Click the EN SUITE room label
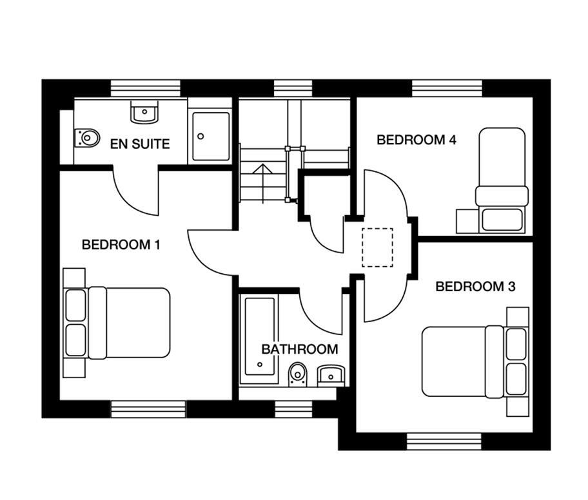[x=140, y=144]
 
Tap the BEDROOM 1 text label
[x=121, y=245]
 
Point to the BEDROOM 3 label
[x=475, y=287]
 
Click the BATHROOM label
[x=299, y=349]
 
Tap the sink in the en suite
[x=144, y=112]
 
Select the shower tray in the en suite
[x=210, y=137]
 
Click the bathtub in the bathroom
[x=259, y=340]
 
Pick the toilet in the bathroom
[x=298, y=373]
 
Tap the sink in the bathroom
[x=332, y=373]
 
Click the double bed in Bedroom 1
[x=129, y=322]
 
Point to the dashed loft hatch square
[x=377, y=248]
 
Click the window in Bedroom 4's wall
[x=447, y=88]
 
